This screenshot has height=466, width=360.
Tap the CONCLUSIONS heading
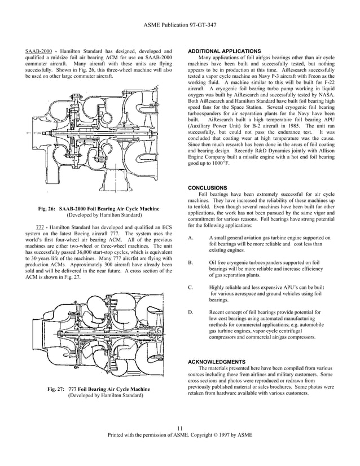point(207,188)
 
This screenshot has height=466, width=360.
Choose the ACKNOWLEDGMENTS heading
point(216,361)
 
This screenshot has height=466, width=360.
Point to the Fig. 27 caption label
point(56,389)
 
